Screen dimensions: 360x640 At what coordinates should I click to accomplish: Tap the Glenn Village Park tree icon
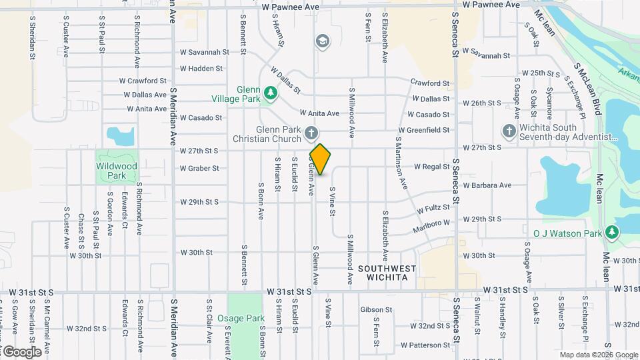pos(270,94)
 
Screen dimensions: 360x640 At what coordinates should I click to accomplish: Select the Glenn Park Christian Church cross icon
pos(311,134)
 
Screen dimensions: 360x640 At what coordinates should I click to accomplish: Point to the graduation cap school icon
pos(322,42)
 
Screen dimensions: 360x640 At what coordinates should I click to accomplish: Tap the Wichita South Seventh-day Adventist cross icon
pos(509,131)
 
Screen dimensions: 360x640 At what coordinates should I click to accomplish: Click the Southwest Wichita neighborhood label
pos(387,273)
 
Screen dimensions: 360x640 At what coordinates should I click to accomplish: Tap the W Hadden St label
pos(201,68)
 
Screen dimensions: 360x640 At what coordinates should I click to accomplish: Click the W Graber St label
pos(199,168)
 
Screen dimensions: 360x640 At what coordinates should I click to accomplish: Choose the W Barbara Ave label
pos(487,185)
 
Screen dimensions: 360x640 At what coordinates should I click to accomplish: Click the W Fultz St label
pos(435,209)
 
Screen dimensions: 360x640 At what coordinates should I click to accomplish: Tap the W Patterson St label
pos(425,345)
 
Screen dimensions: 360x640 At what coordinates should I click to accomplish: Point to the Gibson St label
pos(376,309)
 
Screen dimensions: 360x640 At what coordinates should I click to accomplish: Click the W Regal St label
pos(432,166)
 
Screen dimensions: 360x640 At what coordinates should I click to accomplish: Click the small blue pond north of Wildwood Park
pos(121,137)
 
